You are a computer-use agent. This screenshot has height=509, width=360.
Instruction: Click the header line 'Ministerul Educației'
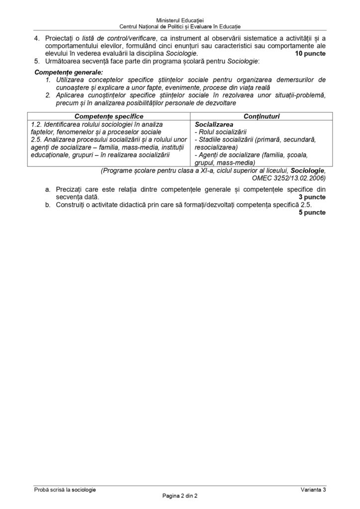[180, 18]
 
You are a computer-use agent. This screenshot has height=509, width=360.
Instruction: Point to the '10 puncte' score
[310, 53]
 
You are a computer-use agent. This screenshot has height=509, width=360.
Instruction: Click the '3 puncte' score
[312, 197]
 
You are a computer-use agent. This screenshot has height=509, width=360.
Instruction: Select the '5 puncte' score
[312, 212]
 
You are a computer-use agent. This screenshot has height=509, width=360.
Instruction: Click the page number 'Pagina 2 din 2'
[180, 496]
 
